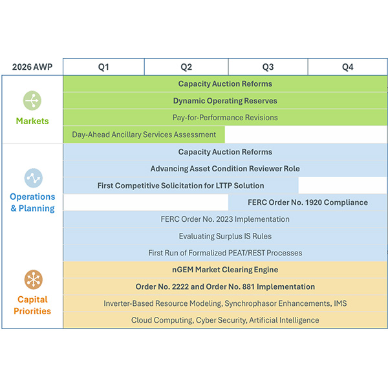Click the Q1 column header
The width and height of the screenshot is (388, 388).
(x=103, y=67)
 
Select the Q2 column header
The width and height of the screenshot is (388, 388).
(x=186, y=67)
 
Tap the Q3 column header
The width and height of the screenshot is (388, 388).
(x=268, y=67)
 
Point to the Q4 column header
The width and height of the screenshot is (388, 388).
(x=347, y=67)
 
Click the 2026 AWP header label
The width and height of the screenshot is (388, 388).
(x=31, y=67)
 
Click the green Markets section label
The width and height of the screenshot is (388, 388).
(x=32, y=121)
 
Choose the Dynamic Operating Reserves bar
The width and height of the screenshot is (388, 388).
(x=225, y=101)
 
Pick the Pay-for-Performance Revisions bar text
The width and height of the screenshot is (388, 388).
(x=225, y=118)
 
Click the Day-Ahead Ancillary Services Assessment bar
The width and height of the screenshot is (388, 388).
(x=144, y=135)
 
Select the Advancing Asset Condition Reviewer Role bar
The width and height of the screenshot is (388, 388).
(x=225, y=169)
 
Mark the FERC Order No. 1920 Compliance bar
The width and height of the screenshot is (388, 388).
(x=308, y=202)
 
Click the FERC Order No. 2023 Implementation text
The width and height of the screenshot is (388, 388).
(x=225, y=219)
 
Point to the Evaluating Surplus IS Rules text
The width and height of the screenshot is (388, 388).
(x=225, y=236)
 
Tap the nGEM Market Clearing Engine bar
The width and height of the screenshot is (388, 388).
(x=225, y=270)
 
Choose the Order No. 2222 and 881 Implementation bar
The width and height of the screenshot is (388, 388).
(x=225, y=286)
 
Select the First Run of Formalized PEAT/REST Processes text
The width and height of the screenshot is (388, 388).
(x=225, y=253)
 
